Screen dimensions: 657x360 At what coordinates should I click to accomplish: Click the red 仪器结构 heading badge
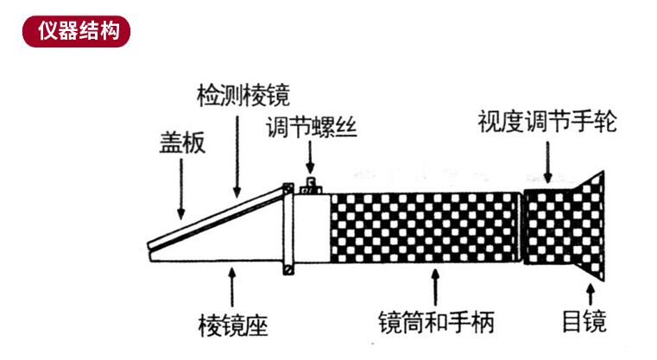pyautogui.click(x=76, y=31)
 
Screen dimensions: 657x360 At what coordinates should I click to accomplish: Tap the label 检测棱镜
pyautogui.click(x=243, y=96)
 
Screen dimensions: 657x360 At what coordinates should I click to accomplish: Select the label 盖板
pyautogui.click(x=182, y=142)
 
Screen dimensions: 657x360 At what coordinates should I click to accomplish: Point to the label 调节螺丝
pyautogui.click(x=312, y=127)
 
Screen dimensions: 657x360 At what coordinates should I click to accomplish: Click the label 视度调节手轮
pyautogui.click(x=547, y=121)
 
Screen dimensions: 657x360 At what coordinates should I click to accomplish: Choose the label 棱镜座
pyautogui.click(x=232, y=325)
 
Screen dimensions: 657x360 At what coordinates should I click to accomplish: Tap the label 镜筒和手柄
pyautogui.click(x=436, y=322)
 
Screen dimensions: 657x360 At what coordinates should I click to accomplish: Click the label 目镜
pyautogui.click(x=584, y=321)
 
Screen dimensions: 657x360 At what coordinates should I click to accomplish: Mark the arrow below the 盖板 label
pyautogui.click(x=181, y=189)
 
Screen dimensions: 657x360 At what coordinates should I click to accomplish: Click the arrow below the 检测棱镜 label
pyautogui.click(x=237, y=157)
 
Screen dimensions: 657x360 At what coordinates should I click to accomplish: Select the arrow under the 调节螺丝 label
pyautogui.click(x=310, y=157)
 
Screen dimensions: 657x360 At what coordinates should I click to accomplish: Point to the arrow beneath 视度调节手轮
pyautogui.click(x=547, y=162)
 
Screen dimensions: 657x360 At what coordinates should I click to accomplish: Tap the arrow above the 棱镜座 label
pyautogui.click(x=231, y=287)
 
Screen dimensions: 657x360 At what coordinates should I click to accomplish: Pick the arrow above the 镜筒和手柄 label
pyautogui.click(x=435, y=287)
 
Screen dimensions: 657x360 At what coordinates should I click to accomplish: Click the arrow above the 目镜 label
pyautogui.click(x=591, y=294)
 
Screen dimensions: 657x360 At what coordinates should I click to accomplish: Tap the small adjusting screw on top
pyautogui.click(x=311, y=186)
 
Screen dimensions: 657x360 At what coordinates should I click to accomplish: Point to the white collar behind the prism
pyautogui.click(x=312, y=229)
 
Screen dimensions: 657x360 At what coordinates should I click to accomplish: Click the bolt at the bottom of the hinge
pyautogui.click(x=288, y=269)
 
